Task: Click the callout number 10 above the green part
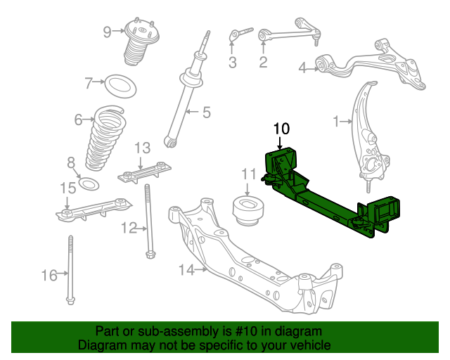pyautogui.click(x=281, y=129)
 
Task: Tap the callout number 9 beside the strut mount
pyautogui.click(x=107, y=32)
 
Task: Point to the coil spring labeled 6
pyautogui.click(x=105, y=138)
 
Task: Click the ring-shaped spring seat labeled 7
pyautogui.click(x=120, y=86)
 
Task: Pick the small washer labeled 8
pyautogui.click(x=89, y=184)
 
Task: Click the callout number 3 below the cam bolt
pyautogui.click(x=233, y=63)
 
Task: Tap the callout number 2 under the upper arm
pyautogui.click(x=263, y=62)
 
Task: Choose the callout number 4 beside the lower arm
pyautogui.click(x=303, y=67)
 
